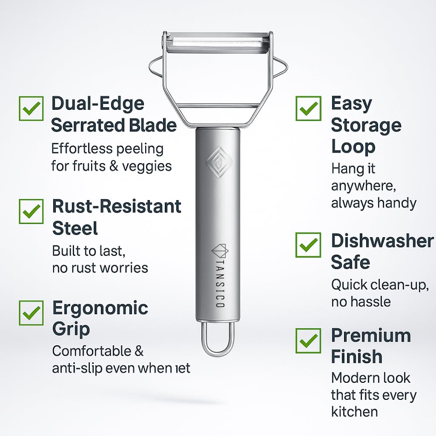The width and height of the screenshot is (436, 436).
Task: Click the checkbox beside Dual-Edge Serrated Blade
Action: (x=31, y=108)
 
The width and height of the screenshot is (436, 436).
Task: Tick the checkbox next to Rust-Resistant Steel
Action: (x=31, y=211)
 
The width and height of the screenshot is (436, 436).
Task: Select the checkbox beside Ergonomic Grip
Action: (x=31, y=313)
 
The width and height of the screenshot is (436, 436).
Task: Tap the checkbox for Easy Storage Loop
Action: (x=309, y=108)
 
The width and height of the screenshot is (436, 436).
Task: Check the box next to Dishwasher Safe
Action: (x=309, y=245)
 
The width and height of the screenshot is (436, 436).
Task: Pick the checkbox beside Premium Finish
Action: (x=309, y=341)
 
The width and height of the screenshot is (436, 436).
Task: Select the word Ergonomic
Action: (x=100, y=308)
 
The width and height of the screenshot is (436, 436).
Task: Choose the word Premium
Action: (x=371, y=336)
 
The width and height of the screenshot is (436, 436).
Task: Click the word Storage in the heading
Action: (x=366, y=126)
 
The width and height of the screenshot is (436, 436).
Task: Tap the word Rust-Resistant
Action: (x=116, y=206)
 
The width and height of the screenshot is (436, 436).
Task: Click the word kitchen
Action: (x=354, y=411)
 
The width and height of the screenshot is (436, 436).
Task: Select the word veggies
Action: (x=147, y=166)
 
